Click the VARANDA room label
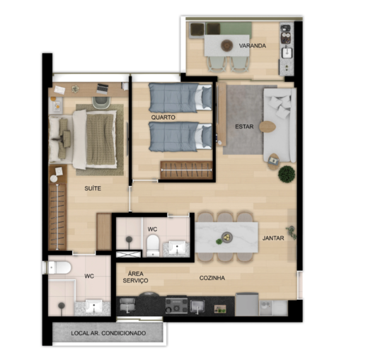252,46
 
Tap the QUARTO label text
163,117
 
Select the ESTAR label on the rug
244,127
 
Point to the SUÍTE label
92,189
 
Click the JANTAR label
272,238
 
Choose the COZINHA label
212,278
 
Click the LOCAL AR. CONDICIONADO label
108,332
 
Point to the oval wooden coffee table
266,128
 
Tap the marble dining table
226,237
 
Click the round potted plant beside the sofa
286,173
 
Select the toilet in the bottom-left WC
58,267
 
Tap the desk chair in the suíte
100,102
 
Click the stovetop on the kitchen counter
176,305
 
